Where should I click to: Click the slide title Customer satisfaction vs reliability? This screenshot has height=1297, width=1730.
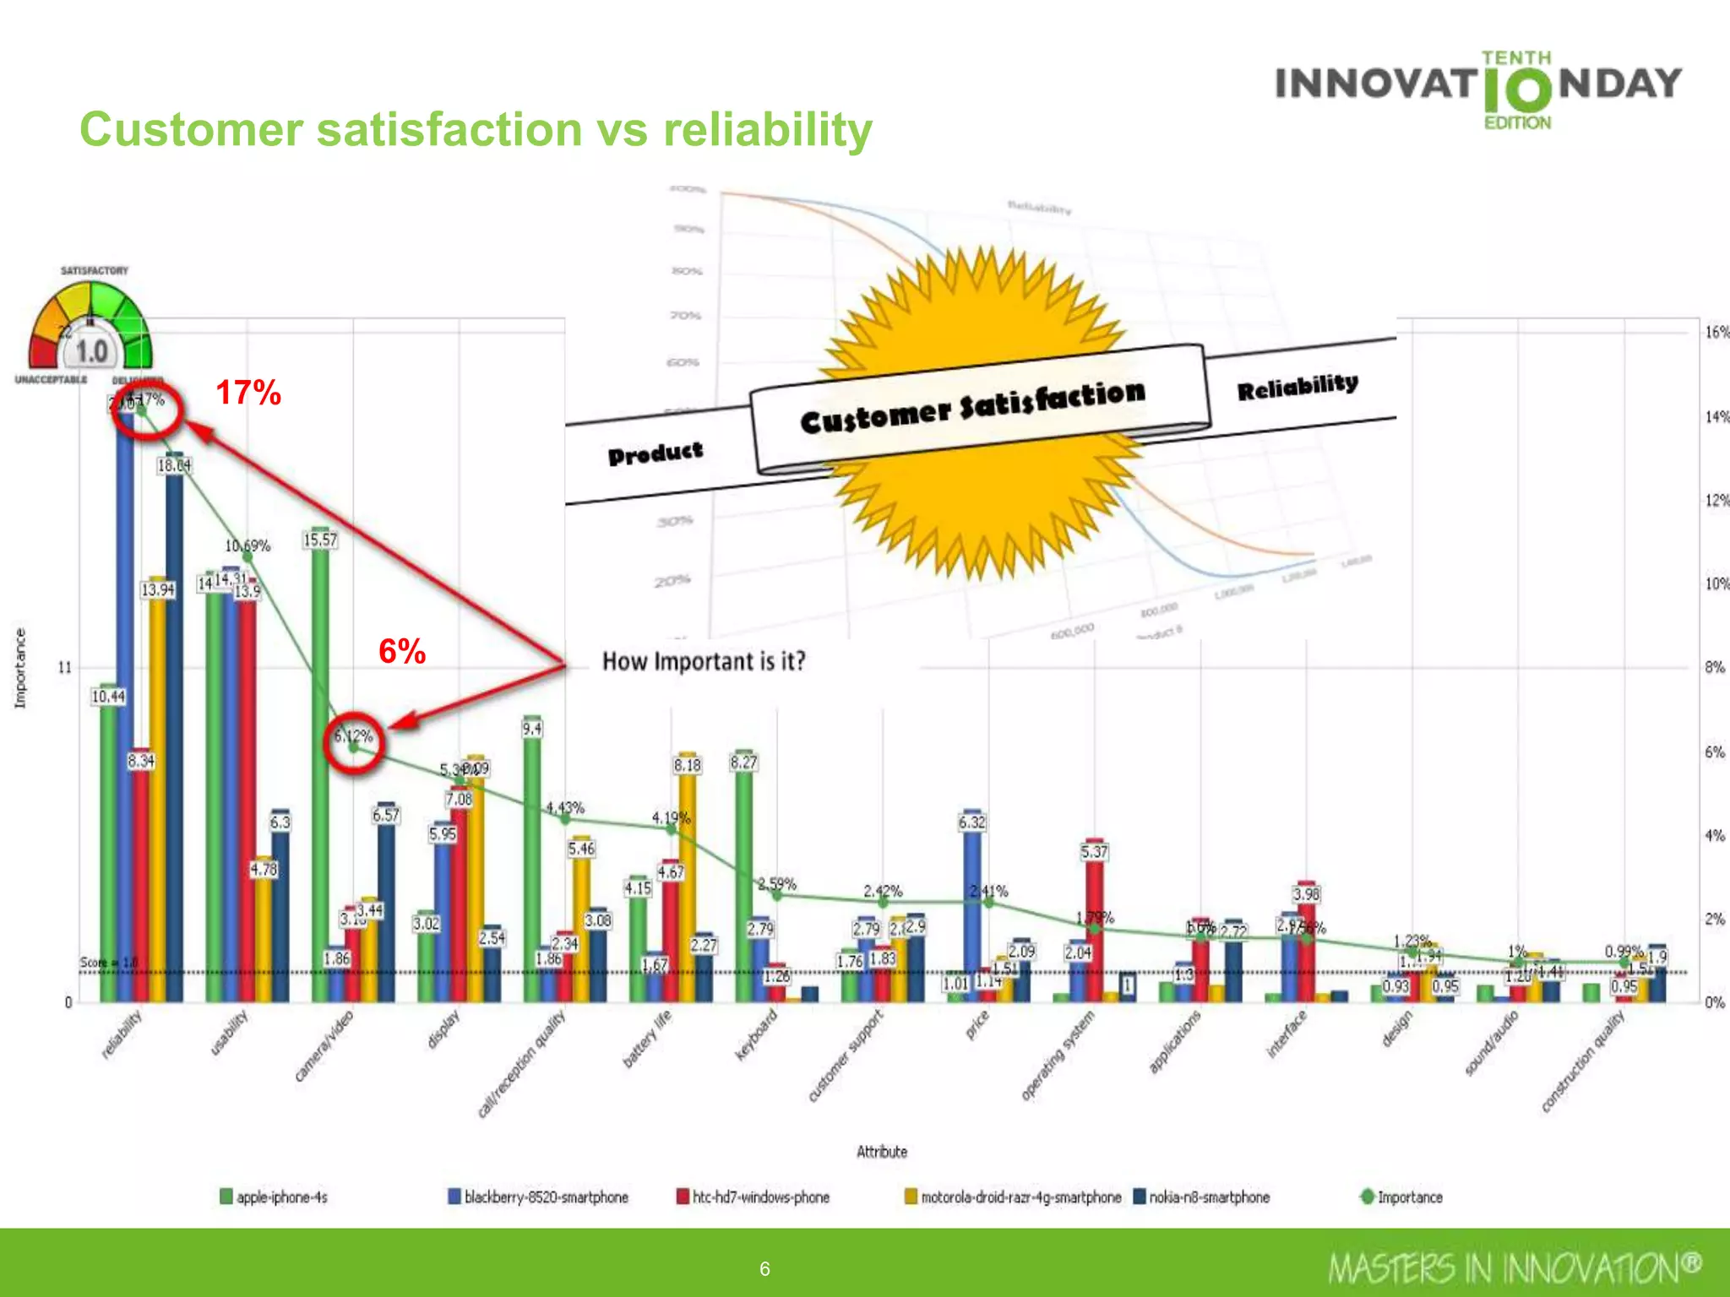click(476, 130)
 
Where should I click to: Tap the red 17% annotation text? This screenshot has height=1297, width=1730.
click(248, 393)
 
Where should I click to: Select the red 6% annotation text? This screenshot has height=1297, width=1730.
click(401, 651)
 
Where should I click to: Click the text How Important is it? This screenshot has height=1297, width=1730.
click(704, 661)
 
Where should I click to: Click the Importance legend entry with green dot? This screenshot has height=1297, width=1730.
click(1401, 1197)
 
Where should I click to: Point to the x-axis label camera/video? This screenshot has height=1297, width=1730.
click(324, 1045)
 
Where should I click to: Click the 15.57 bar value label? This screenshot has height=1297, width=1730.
click(320, 540)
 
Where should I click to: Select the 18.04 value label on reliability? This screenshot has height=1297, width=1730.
click(174, 465)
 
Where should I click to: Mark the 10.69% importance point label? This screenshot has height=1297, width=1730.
click(248, 546)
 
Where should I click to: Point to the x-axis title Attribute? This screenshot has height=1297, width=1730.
click(882, 1152)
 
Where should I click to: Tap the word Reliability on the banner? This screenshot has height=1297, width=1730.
click(1297, 386)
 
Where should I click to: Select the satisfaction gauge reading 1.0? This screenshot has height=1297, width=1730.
click(91, 351)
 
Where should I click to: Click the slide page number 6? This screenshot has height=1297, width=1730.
click(764, 1268)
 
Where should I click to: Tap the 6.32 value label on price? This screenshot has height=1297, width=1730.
click(972, 822)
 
